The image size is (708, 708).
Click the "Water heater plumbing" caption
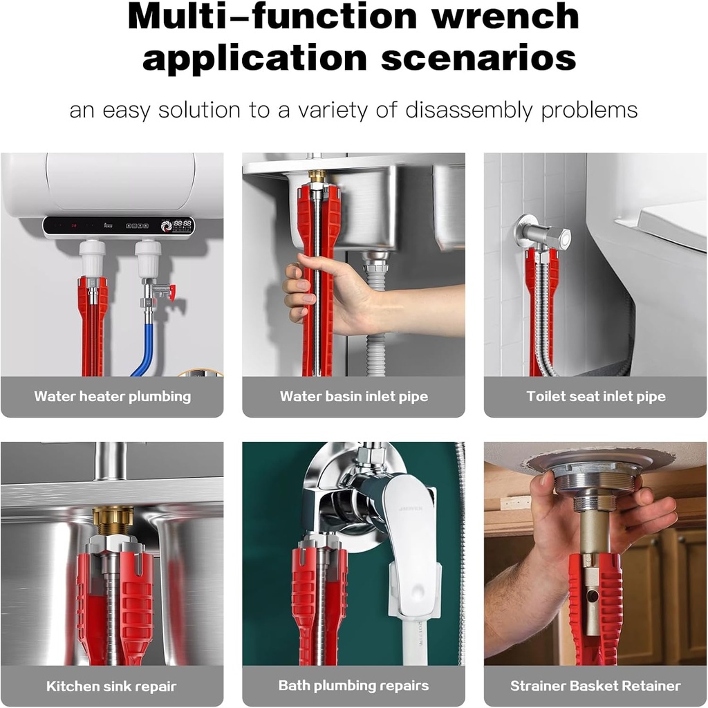click(x=112, y=396)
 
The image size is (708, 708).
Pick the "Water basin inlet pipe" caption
click(x=353, y=396)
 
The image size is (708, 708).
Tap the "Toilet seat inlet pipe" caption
click(x=595, y=396)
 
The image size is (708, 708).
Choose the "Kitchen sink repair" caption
click(x=111, y=687)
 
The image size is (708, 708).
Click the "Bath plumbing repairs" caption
click(x=353, y=686)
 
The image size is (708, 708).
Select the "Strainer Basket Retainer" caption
click(x=595, y=687)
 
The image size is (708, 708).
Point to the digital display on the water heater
click(x=183, y=225)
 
